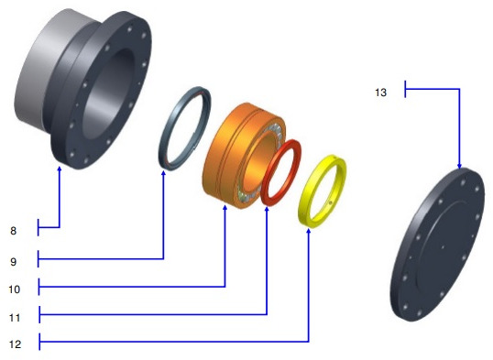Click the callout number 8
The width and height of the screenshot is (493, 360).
coord(13,231)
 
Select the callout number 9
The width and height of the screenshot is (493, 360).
coord(13,262)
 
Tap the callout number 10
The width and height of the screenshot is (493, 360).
coord(14,289)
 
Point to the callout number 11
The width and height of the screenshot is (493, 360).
coord(15,318)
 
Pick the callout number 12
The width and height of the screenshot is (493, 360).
coord(15,344)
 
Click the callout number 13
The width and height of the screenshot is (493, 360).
coord(381,93)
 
